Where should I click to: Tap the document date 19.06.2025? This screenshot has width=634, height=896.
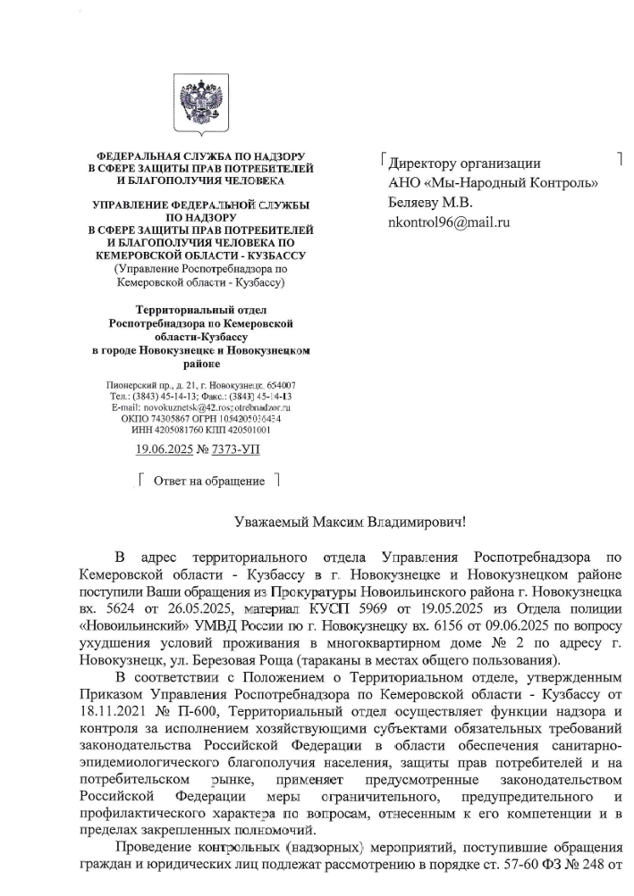click(x=165, y=450)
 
